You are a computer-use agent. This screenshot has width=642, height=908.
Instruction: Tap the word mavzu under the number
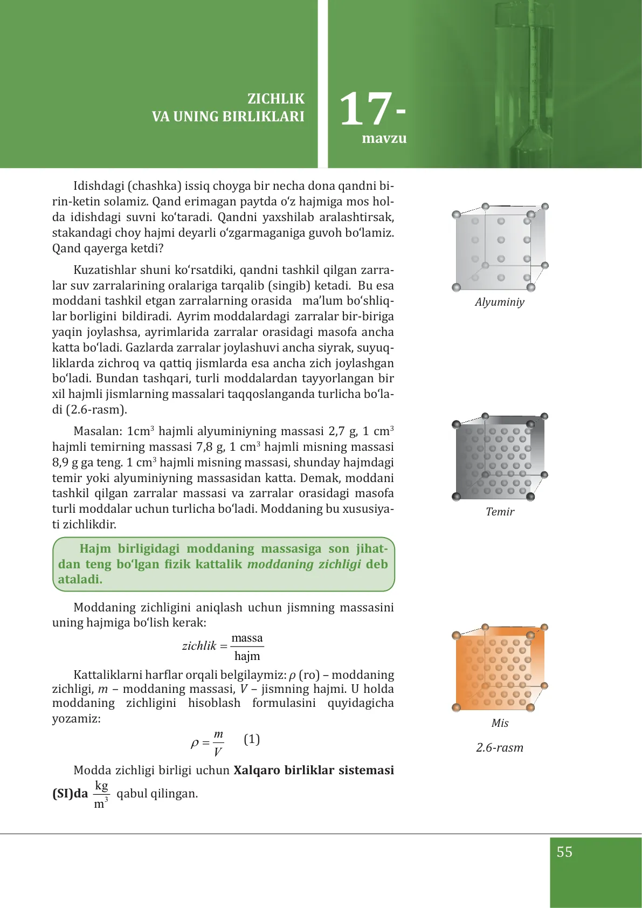pos(384,139)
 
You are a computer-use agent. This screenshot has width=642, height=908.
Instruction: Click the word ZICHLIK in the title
pos(275,99)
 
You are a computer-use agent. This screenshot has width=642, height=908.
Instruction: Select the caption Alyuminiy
pos(499,302)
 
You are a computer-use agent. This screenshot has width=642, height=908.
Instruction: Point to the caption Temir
pos(500,512)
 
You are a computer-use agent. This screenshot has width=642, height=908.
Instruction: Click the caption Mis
pos(500,723)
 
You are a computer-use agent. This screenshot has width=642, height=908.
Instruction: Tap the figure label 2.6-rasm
pos(499,748)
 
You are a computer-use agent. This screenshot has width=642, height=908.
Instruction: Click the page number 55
pos(564,852)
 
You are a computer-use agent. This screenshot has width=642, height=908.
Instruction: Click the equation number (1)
pos(252,739)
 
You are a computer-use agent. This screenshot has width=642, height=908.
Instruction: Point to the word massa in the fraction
pos(247,638)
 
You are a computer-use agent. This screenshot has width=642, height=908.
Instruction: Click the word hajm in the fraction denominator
pos(247,656)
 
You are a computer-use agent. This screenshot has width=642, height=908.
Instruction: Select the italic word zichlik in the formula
pos(199,646)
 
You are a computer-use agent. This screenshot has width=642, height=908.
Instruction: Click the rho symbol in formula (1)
pos(195,744)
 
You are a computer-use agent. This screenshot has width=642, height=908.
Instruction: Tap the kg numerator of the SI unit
pos(101,786)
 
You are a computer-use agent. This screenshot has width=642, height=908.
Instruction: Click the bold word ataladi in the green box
pos(80,580)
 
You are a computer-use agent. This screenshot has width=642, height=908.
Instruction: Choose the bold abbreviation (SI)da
pos(70,794)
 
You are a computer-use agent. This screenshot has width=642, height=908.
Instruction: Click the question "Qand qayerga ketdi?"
pos(108,249)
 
